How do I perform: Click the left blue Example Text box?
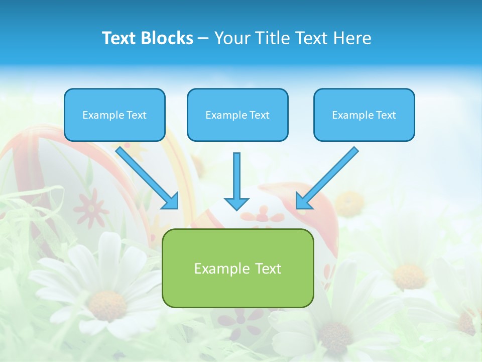pos(114,115)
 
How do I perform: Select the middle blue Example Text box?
pos(237,115)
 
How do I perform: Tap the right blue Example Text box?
pos(364,115)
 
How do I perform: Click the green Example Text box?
pos(237,268)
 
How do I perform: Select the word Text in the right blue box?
pos(386,115)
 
